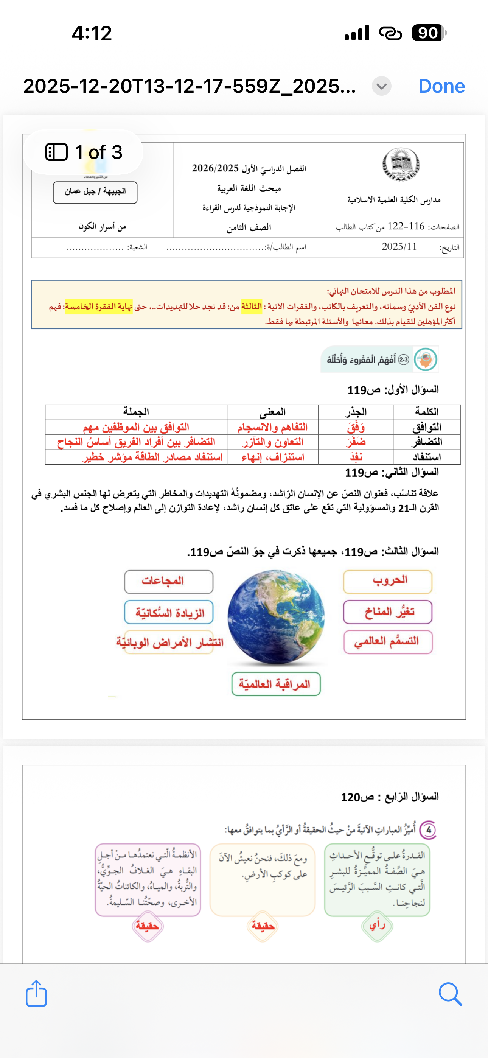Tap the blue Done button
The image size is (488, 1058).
pyautogui.click(x=441, y=86)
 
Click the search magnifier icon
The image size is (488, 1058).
pyautogui.click(x=450, y=994)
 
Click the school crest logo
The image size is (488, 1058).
pyautogui.click(x=401, y=165)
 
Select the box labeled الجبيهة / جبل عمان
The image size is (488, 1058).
pyautogui.click(x=95, y=192)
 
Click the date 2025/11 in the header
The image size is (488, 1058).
pyautogui.click(x=399, y=246)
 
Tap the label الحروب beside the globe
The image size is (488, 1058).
pyautogui.click(x=388, y=581)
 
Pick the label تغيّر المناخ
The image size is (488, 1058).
pyautogui.click(x=388, y=612)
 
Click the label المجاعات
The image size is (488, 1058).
pyautogui.click(x=168, y=581)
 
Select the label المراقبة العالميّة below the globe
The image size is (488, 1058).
pyautogui.click(x=276, y=684)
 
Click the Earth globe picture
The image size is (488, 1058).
pyautogui.click(x=276, y=616)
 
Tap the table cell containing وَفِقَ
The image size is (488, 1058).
pyautogui.click(x=355, y=427)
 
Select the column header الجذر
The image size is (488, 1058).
pyautogui.click(x=355, y=412)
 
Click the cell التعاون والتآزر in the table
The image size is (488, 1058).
pyautogui.click(x=272, y=442)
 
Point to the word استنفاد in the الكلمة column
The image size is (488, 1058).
pyautogui.click(x=426, y=457)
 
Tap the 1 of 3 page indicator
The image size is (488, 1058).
pyautogui.click(x=84, y=152)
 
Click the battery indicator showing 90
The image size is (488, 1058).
pyautogui.click(x=429, y=33)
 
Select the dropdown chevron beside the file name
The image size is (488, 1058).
pyautogui.click(x=381, y=86)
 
